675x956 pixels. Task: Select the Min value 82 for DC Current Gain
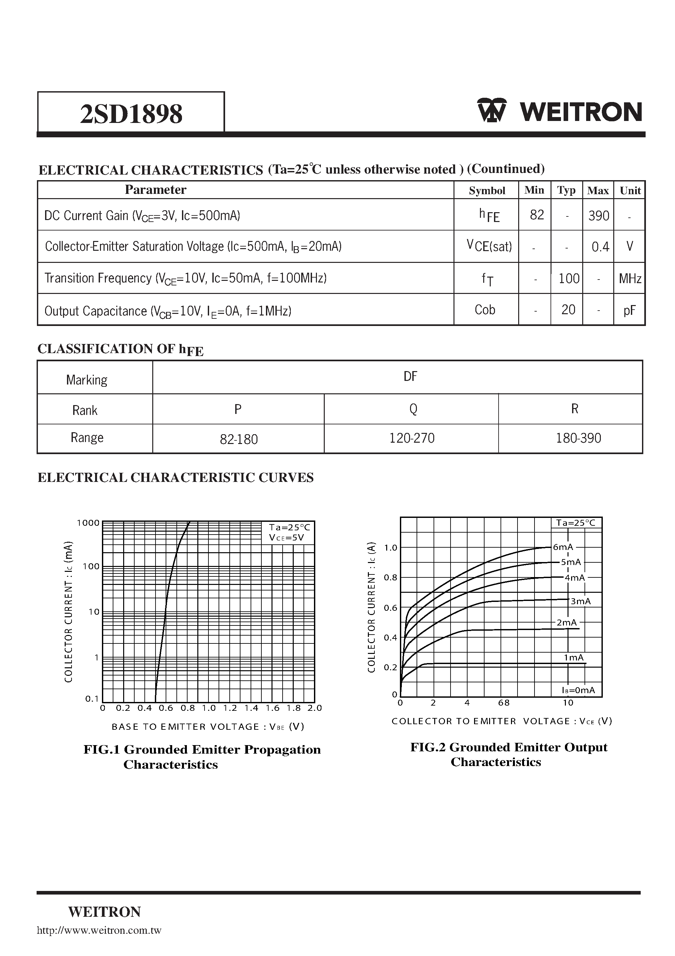[x=536, y=215]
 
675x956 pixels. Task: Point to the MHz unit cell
[x=630, y=279]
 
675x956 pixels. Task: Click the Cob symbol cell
[x=485, y=310]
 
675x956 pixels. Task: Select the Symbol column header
[x=486, y=191]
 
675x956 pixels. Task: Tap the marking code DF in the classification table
[x=410, y=376]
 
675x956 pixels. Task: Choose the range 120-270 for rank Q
[x=412, y=438]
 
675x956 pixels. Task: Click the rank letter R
[x=574, y=409]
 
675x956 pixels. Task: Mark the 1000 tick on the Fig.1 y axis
[x=88, y=523]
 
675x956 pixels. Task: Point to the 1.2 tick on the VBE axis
[x=230, y=708]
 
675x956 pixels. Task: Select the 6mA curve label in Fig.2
[x=563, y=547]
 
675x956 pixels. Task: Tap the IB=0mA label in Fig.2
[x=578, y=690]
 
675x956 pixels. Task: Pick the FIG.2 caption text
[x=509, y=754]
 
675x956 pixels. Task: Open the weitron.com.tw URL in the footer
[x=99, y=930]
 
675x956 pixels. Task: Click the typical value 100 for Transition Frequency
[x=568, y=278]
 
